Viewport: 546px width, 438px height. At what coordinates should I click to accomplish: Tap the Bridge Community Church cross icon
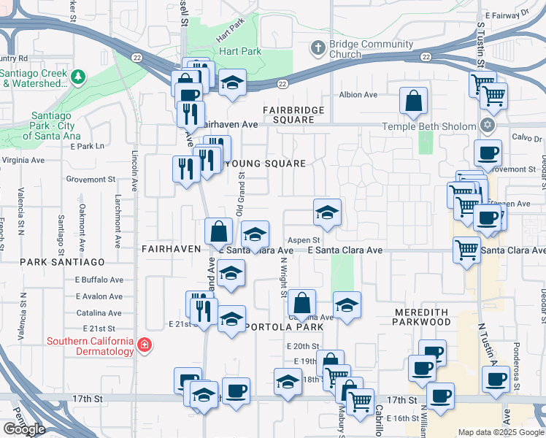(317, 48)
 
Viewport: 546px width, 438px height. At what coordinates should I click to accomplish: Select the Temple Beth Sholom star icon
(488, 126)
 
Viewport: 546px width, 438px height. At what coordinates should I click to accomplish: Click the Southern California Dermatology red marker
(145, 344)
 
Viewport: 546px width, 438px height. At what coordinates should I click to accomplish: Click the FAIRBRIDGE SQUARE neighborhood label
(299, 115)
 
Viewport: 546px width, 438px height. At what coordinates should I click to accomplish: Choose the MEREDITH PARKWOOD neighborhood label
(432, 317)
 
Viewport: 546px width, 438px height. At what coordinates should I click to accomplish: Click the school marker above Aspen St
(327, 213)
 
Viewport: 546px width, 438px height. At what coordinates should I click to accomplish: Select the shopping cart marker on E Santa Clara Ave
(466, 250)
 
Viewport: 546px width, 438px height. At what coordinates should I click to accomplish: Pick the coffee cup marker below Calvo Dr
(488, 153)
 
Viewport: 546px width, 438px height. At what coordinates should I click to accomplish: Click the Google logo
(24, 429)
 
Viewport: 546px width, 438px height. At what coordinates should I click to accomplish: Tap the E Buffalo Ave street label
(99, 280)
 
